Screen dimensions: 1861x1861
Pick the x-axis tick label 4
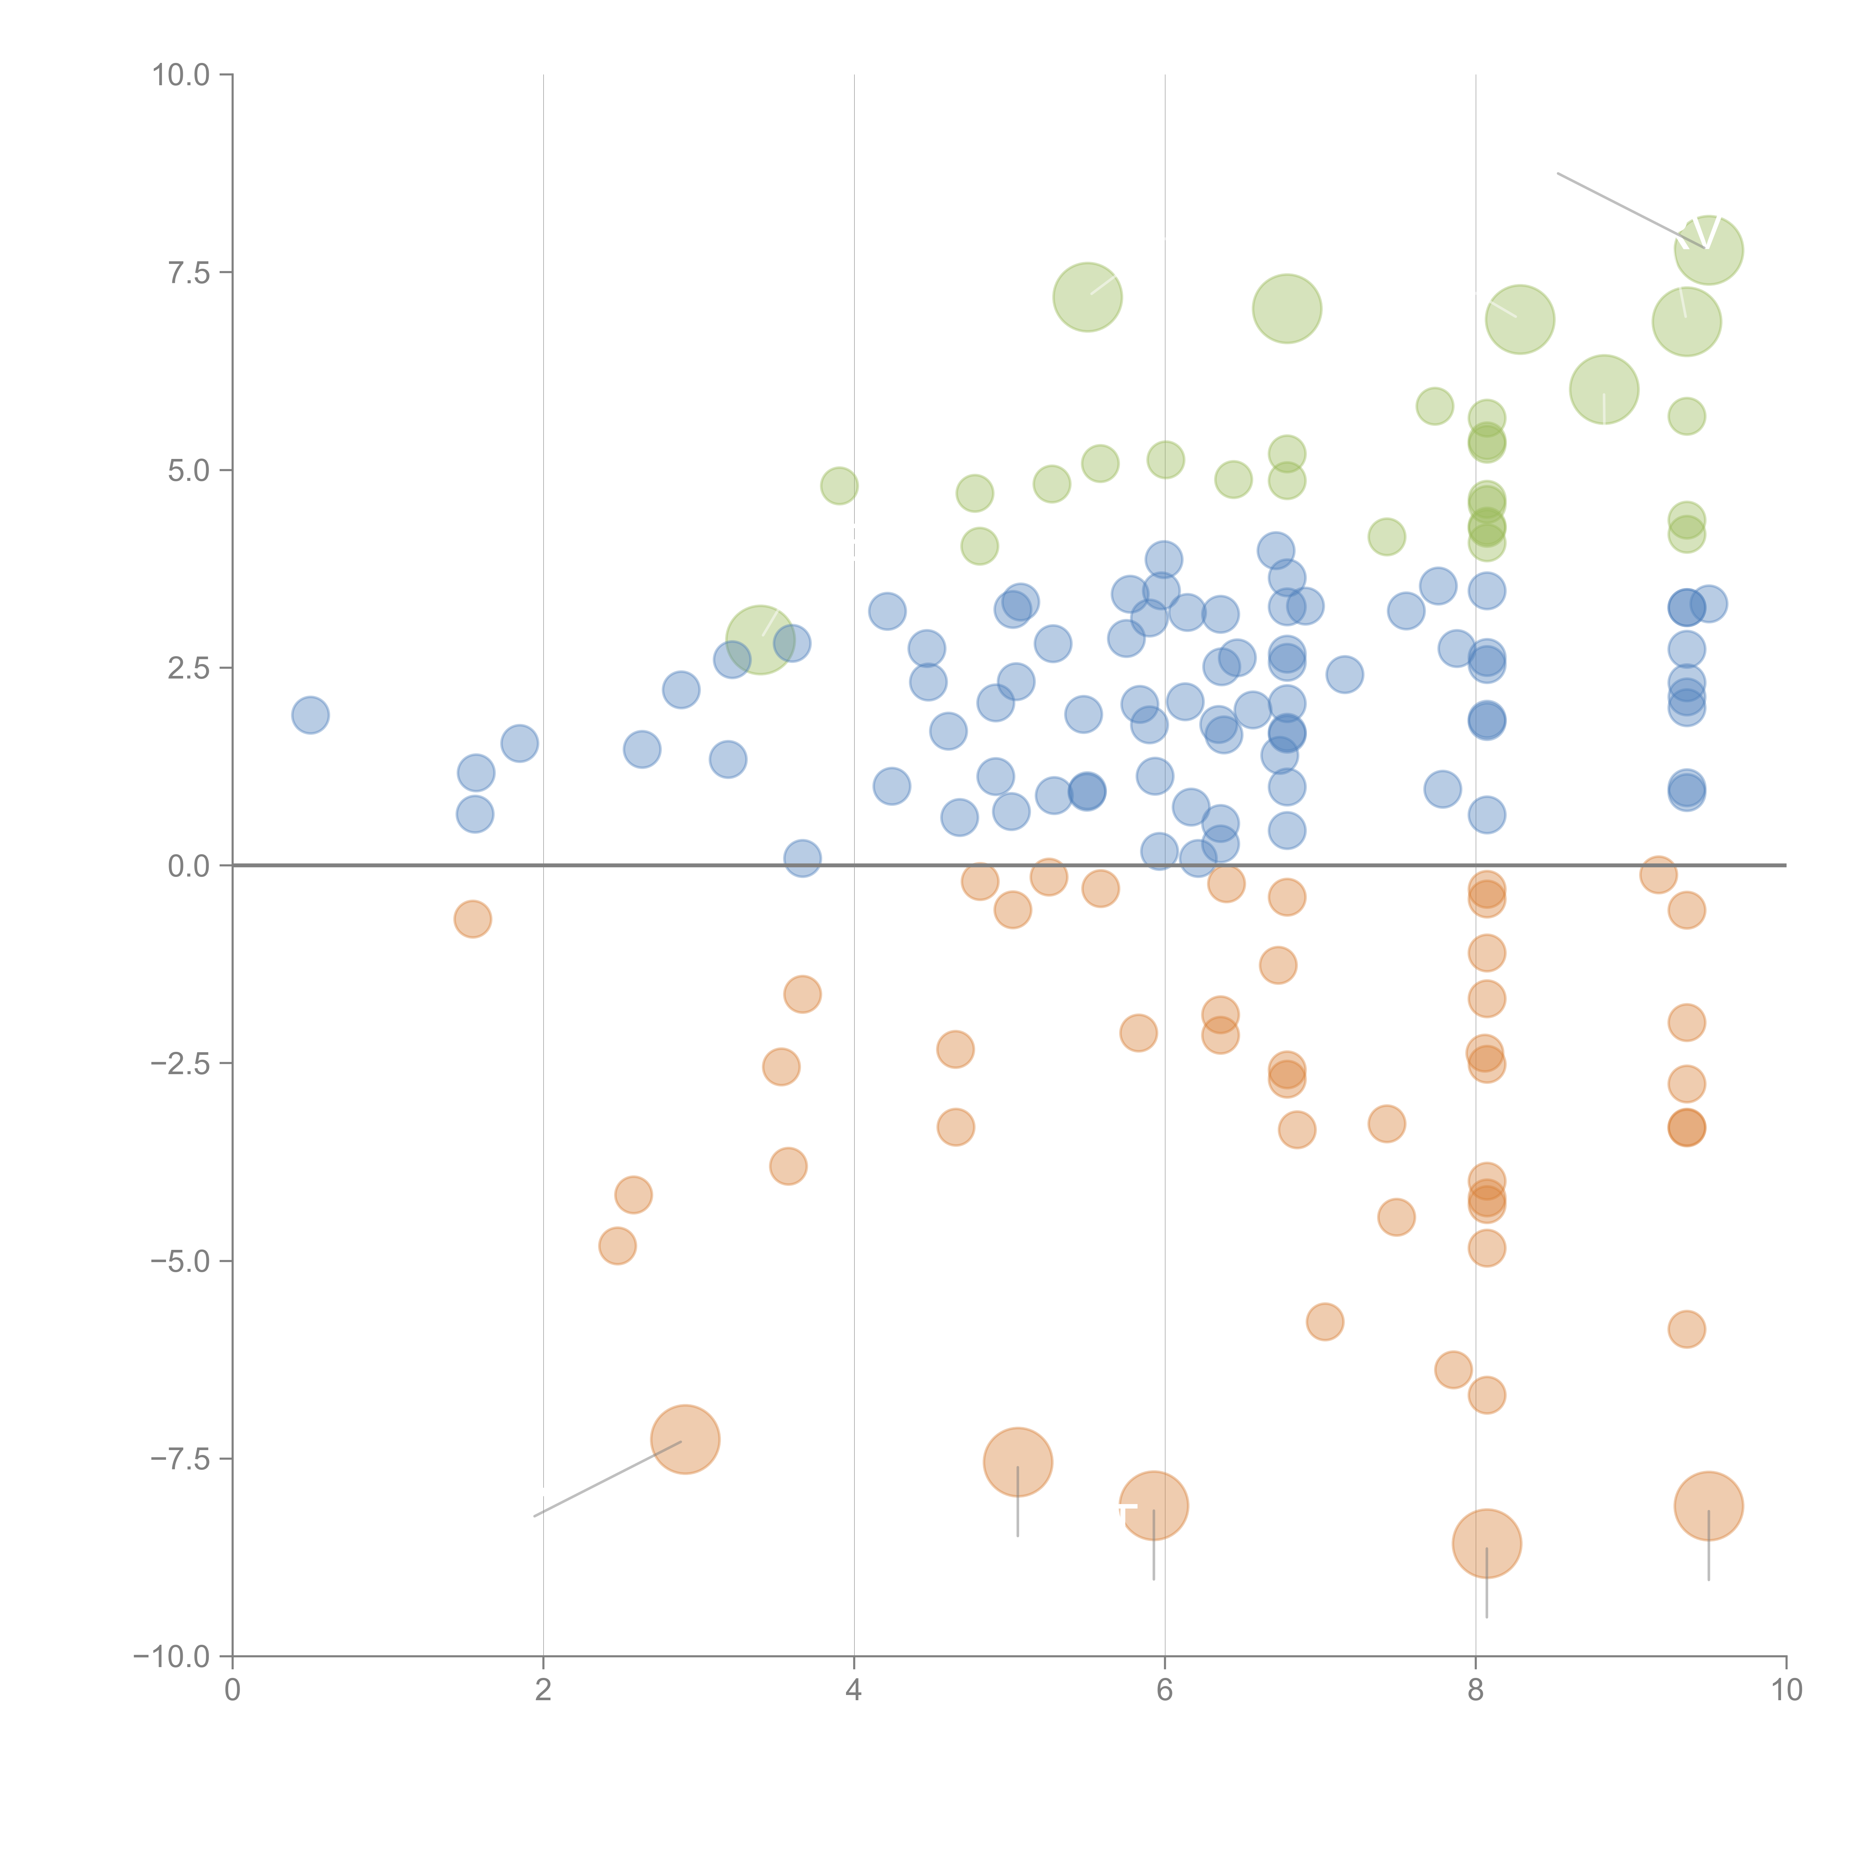(853, 1691)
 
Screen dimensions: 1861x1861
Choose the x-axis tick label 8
(1476, 1691)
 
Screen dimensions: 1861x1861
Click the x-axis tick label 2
(543, 1691)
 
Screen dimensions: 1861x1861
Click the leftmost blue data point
(310, 715)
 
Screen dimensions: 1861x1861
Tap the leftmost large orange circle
(685, 1439)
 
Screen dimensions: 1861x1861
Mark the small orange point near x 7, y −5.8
(1324, 1322)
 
